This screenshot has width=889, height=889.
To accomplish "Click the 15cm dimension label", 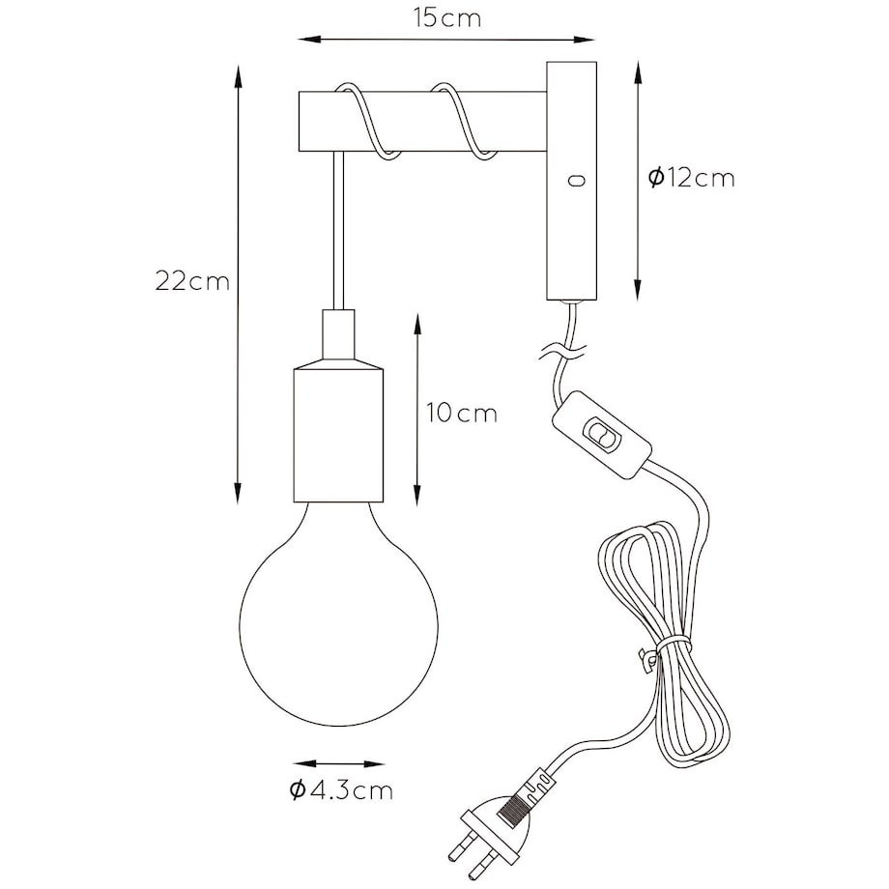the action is click(x=447, y=17).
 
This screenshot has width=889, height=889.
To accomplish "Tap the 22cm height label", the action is click(x=192, y=281).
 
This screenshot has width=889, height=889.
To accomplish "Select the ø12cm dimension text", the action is click(x=691, y=179).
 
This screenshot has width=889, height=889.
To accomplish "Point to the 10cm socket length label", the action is click(x=462, y=413).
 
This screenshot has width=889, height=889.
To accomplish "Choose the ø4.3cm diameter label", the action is click(x=341, y=789).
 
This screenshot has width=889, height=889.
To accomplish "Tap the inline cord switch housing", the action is click(x=601, y=434).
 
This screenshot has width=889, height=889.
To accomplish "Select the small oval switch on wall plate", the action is click(x=577, y=181).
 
